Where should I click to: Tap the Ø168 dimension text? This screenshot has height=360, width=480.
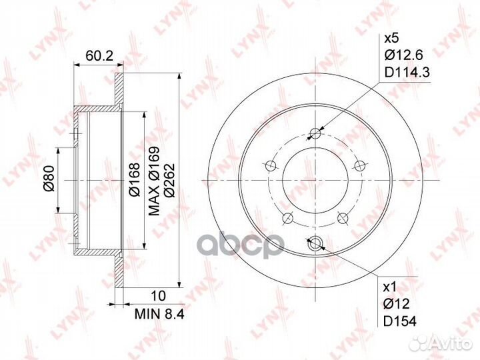click(135, 180)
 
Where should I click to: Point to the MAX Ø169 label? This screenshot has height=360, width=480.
click(154, 181)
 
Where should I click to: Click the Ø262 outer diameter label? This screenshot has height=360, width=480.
click(169, 181)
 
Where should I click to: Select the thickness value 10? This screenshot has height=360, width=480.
click(159, 296)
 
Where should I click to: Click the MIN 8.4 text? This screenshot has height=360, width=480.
click(159, 314)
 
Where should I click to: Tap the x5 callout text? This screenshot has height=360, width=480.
click(391, 39)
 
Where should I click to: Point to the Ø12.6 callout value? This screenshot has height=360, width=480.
click(403, 55)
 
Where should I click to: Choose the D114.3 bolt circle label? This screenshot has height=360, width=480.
click(407, 73)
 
